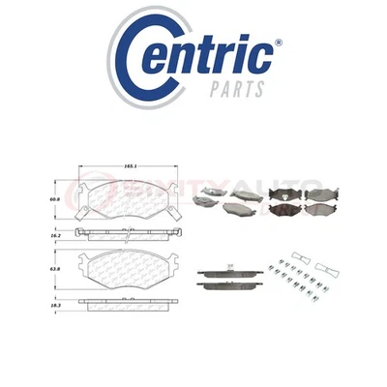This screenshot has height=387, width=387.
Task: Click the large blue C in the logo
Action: pos(146,52)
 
